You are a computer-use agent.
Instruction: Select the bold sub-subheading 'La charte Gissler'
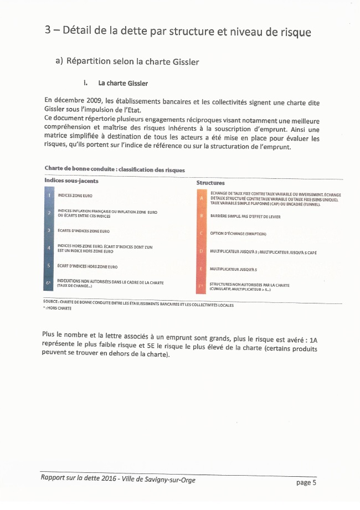[x=122, y=83]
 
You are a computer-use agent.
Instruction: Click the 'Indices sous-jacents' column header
[x=71, y=181]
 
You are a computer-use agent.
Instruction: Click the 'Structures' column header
[x=210, y=183]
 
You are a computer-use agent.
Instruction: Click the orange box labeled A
[x=202, y=198]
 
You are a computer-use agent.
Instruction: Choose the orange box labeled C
[x=202, y=234]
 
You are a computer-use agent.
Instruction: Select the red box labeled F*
[x=202, y=286]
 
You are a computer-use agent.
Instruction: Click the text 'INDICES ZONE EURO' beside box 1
[x=75, y=195]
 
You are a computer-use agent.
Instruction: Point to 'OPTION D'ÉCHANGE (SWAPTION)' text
[x=238, y=234]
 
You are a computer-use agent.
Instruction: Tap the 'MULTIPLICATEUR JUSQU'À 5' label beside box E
[x=235, y=269]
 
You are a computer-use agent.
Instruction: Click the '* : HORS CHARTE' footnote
[x=57, y=308]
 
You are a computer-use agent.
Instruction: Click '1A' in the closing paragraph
[x=314, y=339]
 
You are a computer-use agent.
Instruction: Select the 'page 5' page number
[x=306, y=483]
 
